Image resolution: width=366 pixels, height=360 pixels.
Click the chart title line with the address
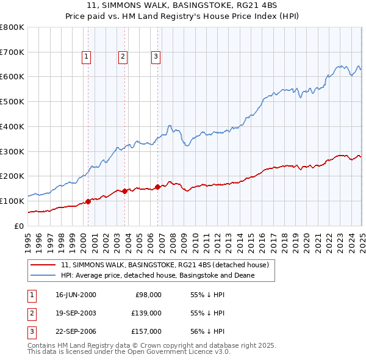[182, 5]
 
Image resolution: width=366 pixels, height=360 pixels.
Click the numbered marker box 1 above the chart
[87, 57]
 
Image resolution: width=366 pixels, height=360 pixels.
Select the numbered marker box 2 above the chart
[123, 57]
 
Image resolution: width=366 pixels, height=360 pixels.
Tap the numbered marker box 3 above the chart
[156, 57]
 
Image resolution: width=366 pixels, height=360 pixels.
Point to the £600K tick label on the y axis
[12, 77]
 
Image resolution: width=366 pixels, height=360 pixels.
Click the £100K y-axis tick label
[12, 201]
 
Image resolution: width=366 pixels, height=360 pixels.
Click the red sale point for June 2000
[88, 201]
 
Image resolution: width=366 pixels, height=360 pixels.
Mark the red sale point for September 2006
[158, 187]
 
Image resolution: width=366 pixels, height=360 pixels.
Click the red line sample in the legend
[43, 265]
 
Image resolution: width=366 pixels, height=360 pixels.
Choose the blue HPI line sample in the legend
[43, 276]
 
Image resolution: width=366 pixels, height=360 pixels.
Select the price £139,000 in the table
[147, 313]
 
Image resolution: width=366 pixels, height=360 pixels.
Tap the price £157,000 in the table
[147, 331]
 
